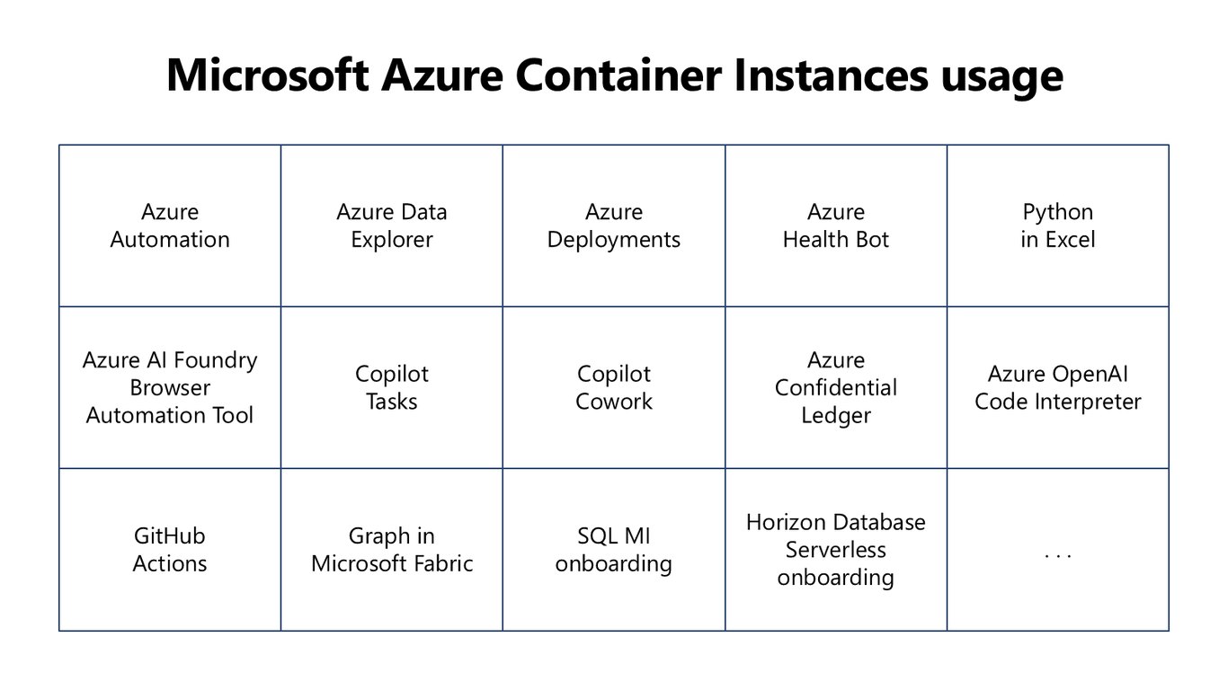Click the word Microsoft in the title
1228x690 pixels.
coord(268,75)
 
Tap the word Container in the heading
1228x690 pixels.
coord(618,75)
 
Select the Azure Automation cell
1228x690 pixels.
coord(170,226)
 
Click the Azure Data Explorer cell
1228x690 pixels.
coord(392,226)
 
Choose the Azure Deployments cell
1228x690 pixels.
coord(614,226)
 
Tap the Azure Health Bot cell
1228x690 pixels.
coord(836,226)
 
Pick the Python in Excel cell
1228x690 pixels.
coord(1058,226)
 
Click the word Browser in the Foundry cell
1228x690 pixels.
coord(170,387)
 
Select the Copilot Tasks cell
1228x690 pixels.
coord(392,387)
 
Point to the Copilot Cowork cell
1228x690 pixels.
coord(614,387)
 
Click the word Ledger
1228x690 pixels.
coord(836,416)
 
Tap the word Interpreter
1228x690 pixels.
coord(1089,402)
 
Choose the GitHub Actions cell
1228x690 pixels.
coord(170,550)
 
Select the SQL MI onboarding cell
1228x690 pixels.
coord(614,550)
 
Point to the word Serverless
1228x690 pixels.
coord(836,550)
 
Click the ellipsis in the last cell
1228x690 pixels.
coord(1058,557)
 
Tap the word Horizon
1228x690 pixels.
coord(785,522)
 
